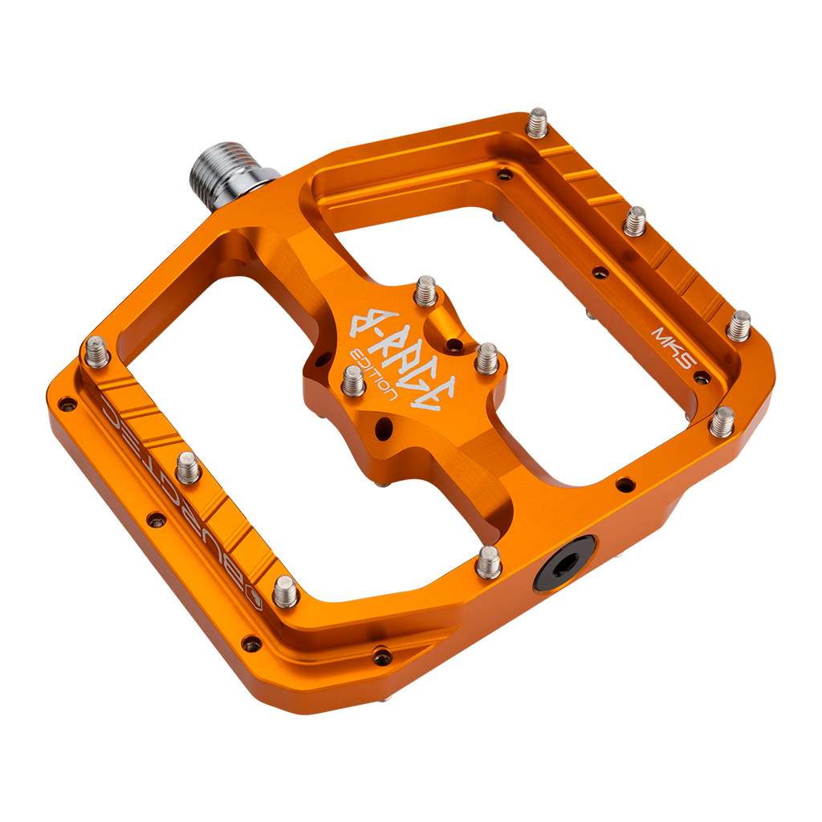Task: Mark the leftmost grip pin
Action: (x=97, y=352)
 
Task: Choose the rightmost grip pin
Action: (x=739, y=325)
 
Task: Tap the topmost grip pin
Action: (x=537, y=123)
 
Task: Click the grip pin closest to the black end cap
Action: (x=488, y=561)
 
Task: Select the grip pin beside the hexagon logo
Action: (x=286, y=592)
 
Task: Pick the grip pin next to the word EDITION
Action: (x=354, y=380)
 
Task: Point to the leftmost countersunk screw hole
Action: (x=67, y=403)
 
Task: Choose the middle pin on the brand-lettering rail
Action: (x=188, y=466)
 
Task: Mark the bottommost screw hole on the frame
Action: (x=382, y=657)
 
